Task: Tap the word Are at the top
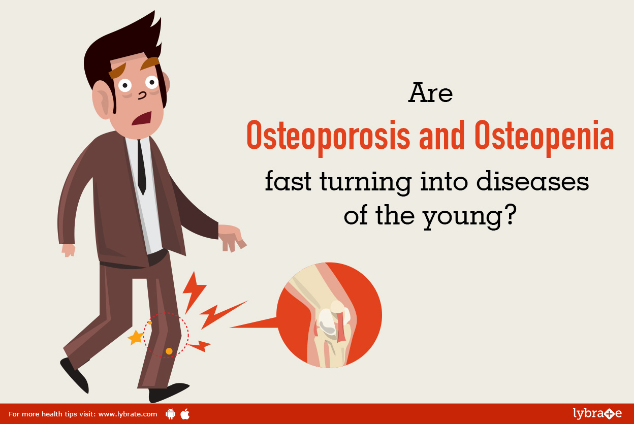click(x=430, y=92)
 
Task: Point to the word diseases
click(x=533, y=181)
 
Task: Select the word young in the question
click(x=462, y=218)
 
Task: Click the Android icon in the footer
click(x=170, y=414)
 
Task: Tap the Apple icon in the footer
click(x=185, y=414)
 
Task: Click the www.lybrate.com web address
click(x=128, y=414)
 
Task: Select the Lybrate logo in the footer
click(x=597, y=413)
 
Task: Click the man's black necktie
click(x=142, y=167)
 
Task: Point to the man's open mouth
click(x=142, y=118)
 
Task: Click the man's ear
click(x=103, y=100)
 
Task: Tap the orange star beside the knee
click(x=136, y=338)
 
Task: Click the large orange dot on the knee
click(x=169, y=351)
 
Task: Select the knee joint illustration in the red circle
click(x=329, y=315)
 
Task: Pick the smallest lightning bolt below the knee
click(x=200, y=346)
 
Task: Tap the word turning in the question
click(x=366, y=182)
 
